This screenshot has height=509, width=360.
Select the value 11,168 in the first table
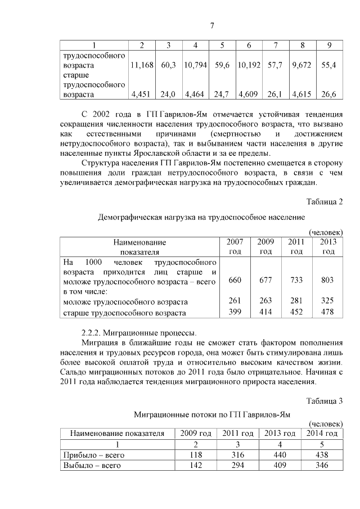tap(142, 66)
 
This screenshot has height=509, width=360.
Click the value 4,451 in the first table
tap(142, 94)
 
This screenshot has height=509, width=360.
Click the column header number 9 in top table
tap(328, 45)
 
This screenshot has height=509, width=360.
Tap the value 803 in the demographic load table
tap(327, 280)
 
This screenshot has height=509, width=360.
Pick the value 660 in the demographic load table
tap(235, 280)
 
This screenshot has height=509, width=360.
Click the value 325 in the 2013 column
tap(327, 301)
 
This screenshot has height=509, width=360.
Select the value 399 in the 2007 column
tap(235, 312)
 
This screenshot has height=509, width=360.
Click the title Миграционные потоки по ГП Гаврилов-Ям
tap(212, 415)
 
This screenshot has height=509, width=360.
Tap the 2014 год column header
tap(322, 433)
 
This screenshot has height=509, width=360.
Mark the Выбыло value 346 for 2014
tap(322, 465)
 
